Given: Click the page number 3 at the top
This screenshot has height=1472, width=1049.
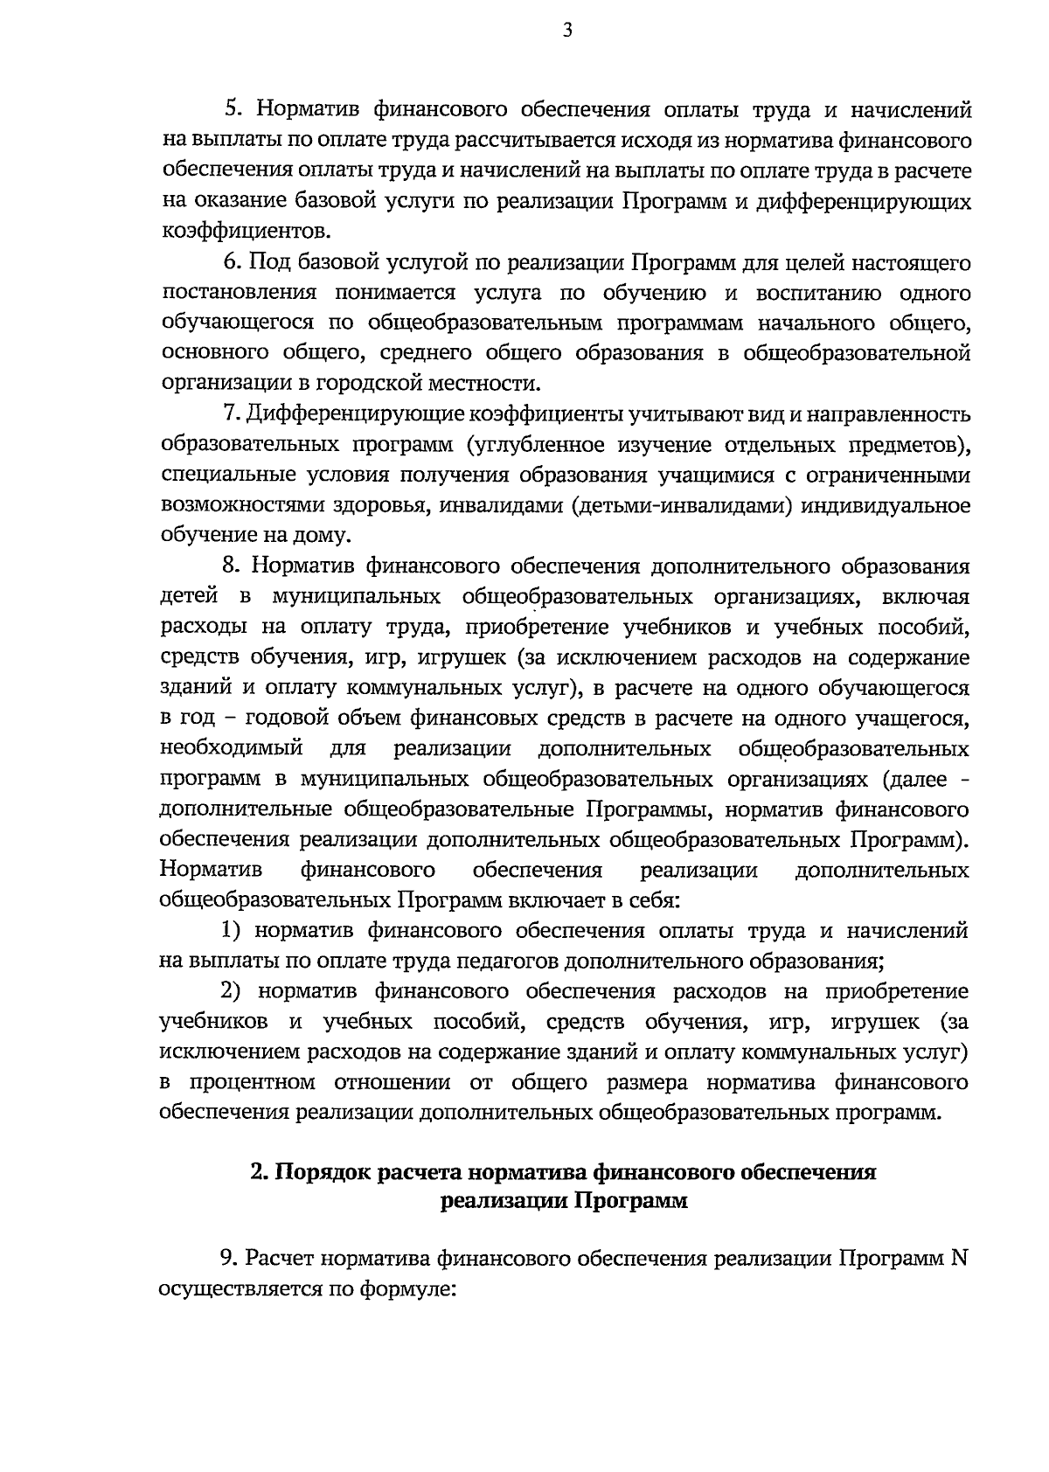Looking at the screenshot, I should pos(567,31).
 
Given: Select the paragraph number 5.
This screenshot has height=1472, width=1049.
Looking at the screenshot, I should pos(233,110).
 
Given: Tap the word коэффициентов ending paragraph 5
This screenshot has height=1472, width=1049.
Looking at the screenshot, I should pos(247,232).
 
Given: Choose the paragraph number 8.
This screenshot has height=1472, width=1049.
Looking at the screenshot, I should pos(233,566).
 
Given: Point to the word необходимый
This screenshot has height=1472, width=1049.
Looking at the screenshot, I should pos(231,749).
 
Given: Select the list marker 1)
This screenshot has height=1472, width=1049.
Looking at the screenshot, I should pos(230,931).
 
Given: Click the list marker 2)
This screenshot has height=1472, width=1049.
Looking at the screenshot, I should pos(231,992).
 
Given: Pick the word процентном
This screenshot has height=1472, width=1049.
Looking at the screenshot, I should pos(252,1083).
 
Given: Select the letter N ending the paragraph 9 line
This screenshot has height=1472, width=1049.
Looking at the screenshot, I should pos(960,1259).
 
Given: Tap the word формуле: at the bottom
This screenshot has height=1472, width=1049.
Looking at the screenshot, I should pos(408,1289).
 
